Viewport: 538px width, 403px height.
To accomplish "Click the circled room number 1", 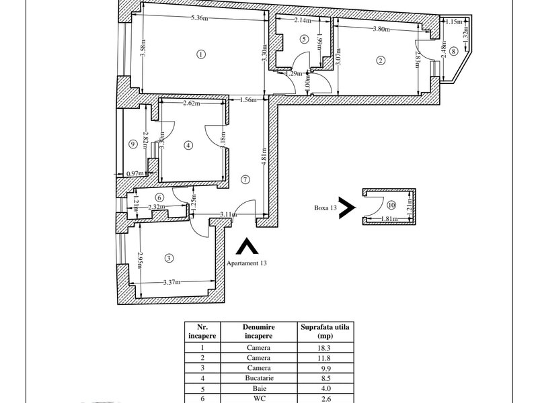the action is coord(201,54).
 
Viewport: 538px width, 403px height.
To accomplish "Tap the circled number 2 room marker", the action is coord(381,60).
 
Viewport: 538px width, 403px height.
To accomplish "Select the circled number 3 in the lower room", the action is coord(169,258).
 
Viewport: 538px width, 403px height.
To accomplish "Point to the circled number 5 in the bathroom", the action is coord(304,39).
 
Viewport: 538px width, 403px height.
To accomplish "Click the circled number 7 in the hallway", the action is coord(245,179).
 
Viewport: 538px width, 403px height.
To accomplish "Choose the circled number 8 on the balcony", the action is coord(453,52).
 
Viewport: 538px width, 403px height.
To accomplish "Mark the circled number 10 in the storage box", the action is coord(391,205).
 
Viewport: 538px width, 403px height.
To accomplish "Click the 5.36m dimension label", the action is coord(199,18).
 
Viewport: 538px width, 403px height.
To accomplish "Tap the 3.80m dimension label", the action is coord(381,29).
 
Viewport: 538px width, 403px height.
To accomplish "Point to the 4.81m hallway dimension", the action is coord(264,156).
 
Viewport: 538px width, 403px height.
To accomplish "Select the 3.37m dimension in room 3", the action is coord(171,282).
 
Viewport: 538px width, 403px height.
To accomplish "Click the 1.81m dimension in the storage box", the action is coord(389,219).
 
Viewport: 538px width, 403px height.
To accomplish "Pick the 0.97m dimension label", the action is coord(135,173).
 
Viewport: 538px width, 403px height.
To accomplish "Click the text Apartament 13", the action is coord(246,263).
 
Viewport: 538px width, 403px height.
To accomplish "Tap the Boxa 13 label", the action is coord(325,208).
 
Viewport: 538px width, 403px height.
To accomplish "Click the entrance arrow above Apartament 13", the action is coord(247,246).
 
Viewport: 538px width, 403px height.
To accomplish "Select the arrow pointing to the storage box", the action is coord(347,208).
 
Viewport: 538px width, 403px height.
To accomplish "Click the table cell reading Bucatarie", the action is coord(259,378).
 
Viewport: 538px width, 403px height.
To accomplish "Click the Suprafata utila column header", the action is coord(325,331).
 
